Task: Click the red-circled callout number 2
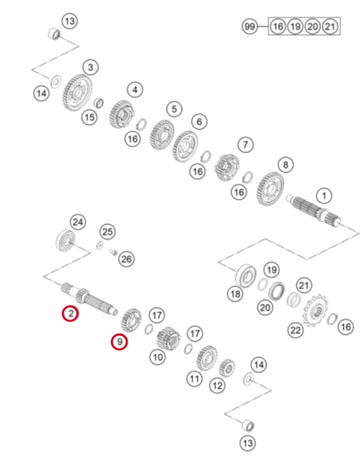point(70,313)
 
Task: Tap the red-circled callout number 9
point(119,342)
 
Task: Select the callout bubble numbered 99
point(249,26)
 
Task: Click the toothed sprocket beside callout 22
point(315,311)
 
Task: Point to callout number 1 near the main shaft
point(324,196)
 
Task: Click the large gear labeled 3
point(77,93)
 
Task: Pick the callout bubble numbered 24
point(78,222)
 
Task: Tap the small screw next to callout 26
point(113,252)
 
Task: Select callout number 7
point(245,145)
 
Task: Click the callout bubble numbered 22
point(295,330)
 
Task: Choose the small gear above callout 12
point(227,368)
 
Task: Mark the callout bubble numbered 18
point(235,294)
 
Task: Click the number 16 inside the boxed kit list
point(277,26)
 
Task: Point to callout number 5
point(174,109)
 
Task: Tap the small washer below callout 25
point(100,245)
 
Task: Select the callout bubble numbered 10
point(158,357)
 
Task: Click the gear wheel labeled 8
point(270,190)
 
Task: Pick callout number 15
point(89,117)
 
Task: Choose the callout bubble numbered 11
point(194,379)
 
